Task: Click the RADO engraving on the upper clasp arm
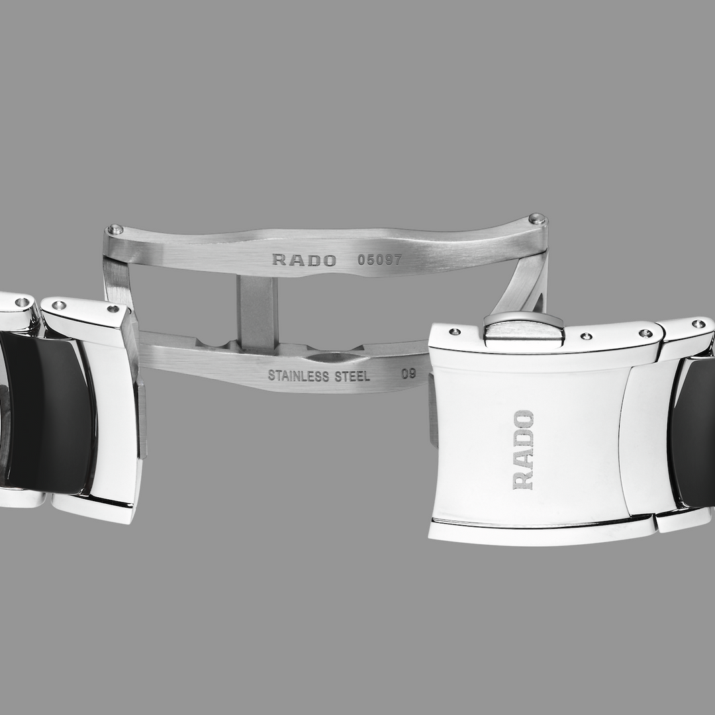[304, 260]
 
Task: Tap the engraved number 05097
[380, 260]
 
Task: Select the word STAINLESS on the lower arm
[299, 376]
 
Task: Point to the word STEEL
[352, 376]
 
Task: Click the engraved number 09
[408, 374]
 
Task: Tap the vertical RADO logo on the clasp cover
[523, 450]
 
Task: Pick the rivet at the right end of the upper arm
[537, 219]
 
